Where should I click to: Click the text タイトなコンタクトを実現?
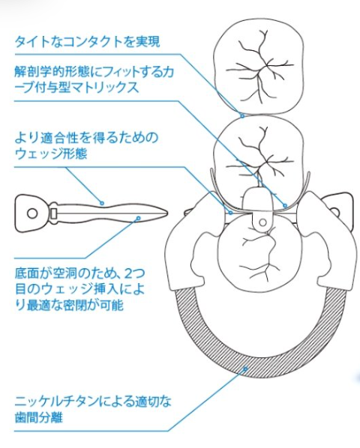[x=87, y=42]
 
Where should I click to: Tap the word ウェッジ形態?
[x=50, y=154]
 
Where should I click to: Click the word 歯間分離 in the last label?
[x=38, y=417]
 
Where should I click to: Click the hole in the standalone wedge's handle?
[x=32, y=214]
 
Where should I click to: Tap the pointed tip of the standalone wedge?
[x=167, y=213]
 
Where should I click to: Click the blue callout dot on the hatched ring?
[x=245, y=369]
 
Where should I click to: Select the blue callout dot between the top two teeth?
[x=242, y=116]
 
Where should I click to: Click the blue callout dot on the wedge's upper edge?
[x=102, y=203]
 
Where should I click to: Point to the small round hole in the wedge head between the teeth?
[x=262, y=222]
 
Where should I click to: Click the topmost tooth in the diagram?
[x=259, y=66]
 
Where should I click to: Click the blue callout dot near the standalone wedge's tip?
[x=139, y=218]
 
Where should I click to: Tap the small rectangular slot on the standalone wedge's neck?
[x=54, y=214]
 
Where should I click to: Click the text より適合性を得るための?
[x=86, y=137]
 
